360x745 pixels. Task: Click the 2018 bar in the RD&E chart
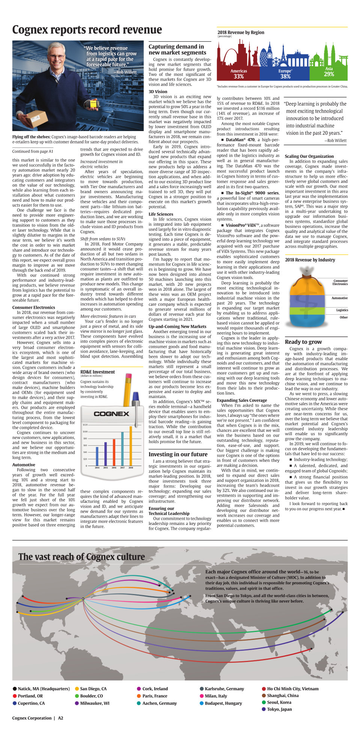[x=131, y=446]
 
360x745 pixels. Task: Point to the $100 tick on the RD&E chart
[x=85, y=431]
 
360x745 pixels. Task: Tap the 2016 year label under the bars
[x=114, y=468]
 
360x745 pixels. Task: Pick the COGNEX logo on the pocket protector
[x=111, y=414]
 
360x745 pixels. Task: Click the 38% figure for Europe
[x=285, y=77]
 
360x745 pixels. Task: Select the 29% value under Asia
[x=329, y=74]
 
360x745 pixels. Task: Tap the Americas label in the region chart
[x=239, y=71]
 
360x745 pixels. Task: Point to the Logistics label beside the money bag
[x=342, y=310]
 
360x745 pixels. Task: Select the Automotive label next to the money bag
[x=339, y=298]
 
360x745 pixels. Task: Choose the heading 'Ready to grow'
[x=303, y=342]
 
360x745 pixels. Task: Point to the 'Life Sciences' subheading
[x=161, y=214]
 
